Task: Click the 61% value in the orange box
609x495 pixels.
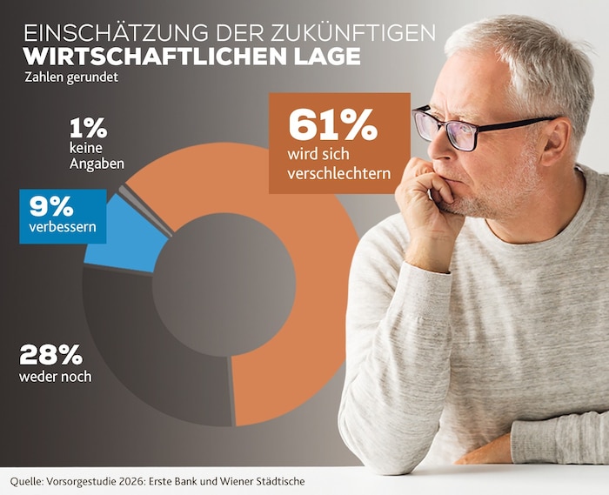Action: point(332,126)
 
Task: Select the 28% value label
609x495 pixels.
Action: point(50,354)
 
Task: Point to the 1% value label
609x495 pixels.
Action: point(88,129)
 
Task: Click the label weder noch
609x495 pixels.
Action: point(55,377)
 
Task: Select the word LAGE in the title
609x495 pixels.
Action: point(328,56)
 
